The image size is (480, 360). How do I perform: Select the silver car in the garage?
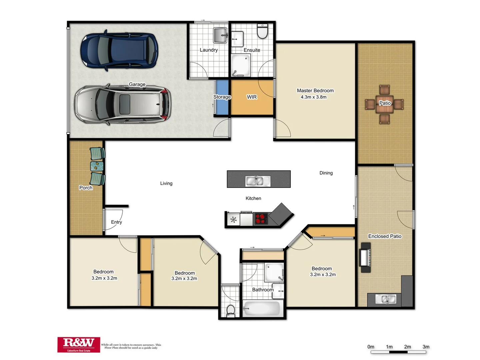(122, 104)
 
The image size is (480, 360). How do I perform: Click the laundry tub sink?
(220, 35)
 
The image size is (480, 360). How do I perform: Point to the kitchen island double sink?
(258, 181)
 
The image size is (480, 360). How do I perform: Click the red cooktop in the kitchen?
(261, 219)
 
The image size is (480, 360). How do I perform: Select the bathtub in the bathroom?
(262, 309)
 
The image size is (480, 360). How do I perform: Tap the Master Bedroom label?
(315, 90)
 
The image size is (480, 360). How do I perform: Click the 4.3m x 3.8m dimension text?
(313, 97)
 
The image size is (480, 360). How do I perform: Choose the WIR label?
(252, 97)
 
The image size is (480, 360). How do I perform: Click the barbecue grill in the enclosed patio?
(365, 257)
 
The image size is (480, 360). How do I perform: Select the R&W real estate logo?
(79, 344)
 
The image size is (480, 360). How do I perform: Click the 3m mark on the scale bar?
(426, 347)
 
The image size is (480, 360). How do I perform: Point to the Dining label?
(326, 173)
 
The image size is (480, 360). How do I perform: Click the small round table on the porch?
(97, 166)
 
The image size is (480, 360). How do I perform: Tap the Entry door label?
(116, 222)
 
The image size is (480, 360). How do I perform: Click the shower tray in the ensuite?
(240, 64)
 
